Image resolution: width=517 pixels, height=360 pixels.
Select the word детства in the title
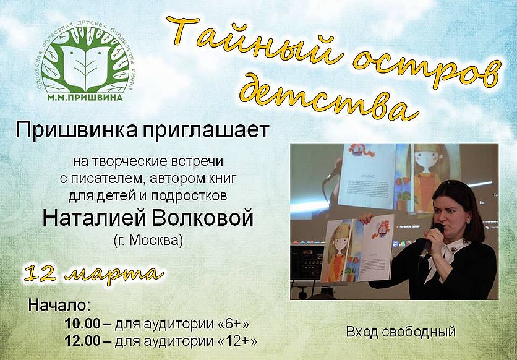328,99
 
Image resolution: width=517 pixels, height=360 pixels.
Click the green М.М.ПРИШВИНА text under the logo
85,98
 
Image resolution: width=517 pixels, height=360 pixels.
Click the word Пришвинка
76,131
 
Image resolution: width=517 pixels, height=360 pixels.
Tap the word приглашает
206,131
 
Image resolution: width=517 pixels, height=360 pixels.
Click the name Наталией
95,218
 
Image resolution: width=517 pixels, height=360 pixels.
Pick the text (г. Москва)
148,240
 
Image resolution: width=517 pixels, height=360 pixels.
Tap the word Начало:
59,305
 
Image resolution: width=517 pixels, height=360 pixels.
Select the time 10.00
82,324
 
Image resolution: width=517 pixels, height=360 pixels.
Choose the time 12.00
82,341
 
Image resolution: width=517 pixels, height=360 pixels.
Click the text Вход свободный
401,332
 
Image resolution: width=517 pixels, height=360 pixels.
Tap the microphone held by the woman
431,241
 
